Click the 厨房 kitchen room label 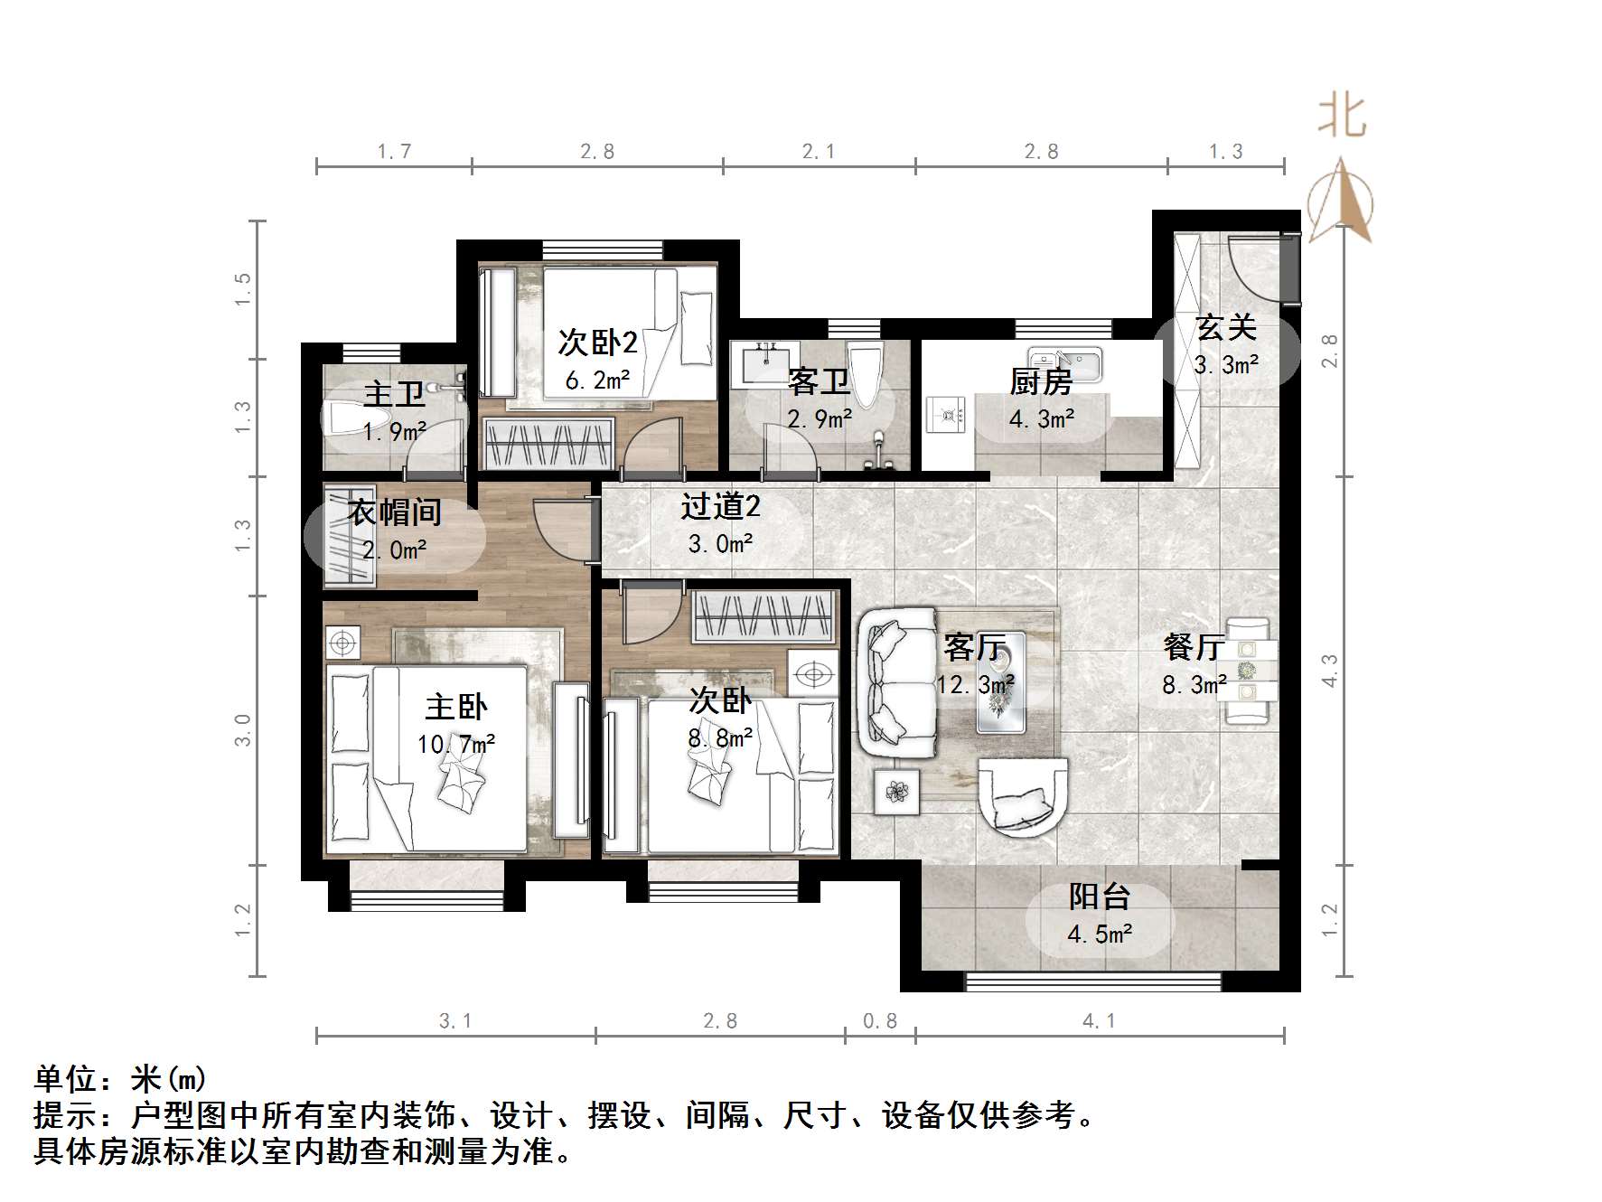tap(1041, 382)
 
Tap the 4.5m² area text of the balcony tap(1099, 934)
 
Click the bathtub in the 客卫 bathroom tap(865, 373)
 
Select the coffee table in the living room tap(1001, 682)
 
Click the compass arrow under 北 tap(1342, 201)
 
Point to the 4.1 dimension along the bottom tap(1099, 1021)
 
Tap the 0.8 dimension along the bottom tap(880, 1021)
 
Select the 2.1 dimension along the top tap(819, 152)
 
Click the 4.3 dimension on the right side tap(1329, 671)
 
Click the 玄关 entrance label tap(1226, 327)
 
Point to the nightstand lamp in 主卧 tap(342, 643)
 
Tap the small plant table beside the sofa tap(896, 792)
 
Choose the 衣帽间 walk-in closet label tap(395, 512)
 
